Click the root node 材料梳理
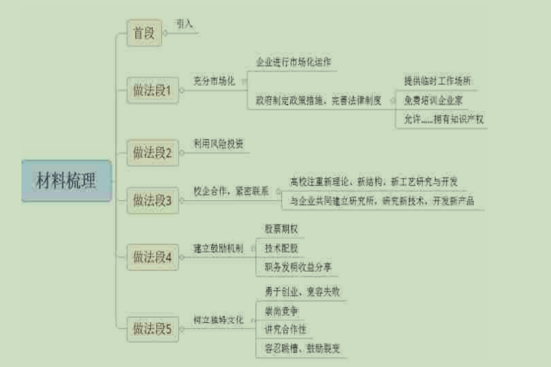(66, 181)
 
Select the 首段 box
(144, 32)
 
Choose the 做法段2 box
(152, 152)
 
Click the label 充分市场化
(214, 81)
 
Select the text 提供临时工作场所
(438, 81)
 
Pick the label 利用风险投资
(219, 144)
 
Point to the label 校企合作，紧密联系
(232, 191)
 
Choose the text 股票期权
(281, 228)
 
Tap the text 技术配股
(281, 248)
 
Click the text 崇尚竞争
(281, 311)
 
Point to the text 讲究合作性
(285, 330)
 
